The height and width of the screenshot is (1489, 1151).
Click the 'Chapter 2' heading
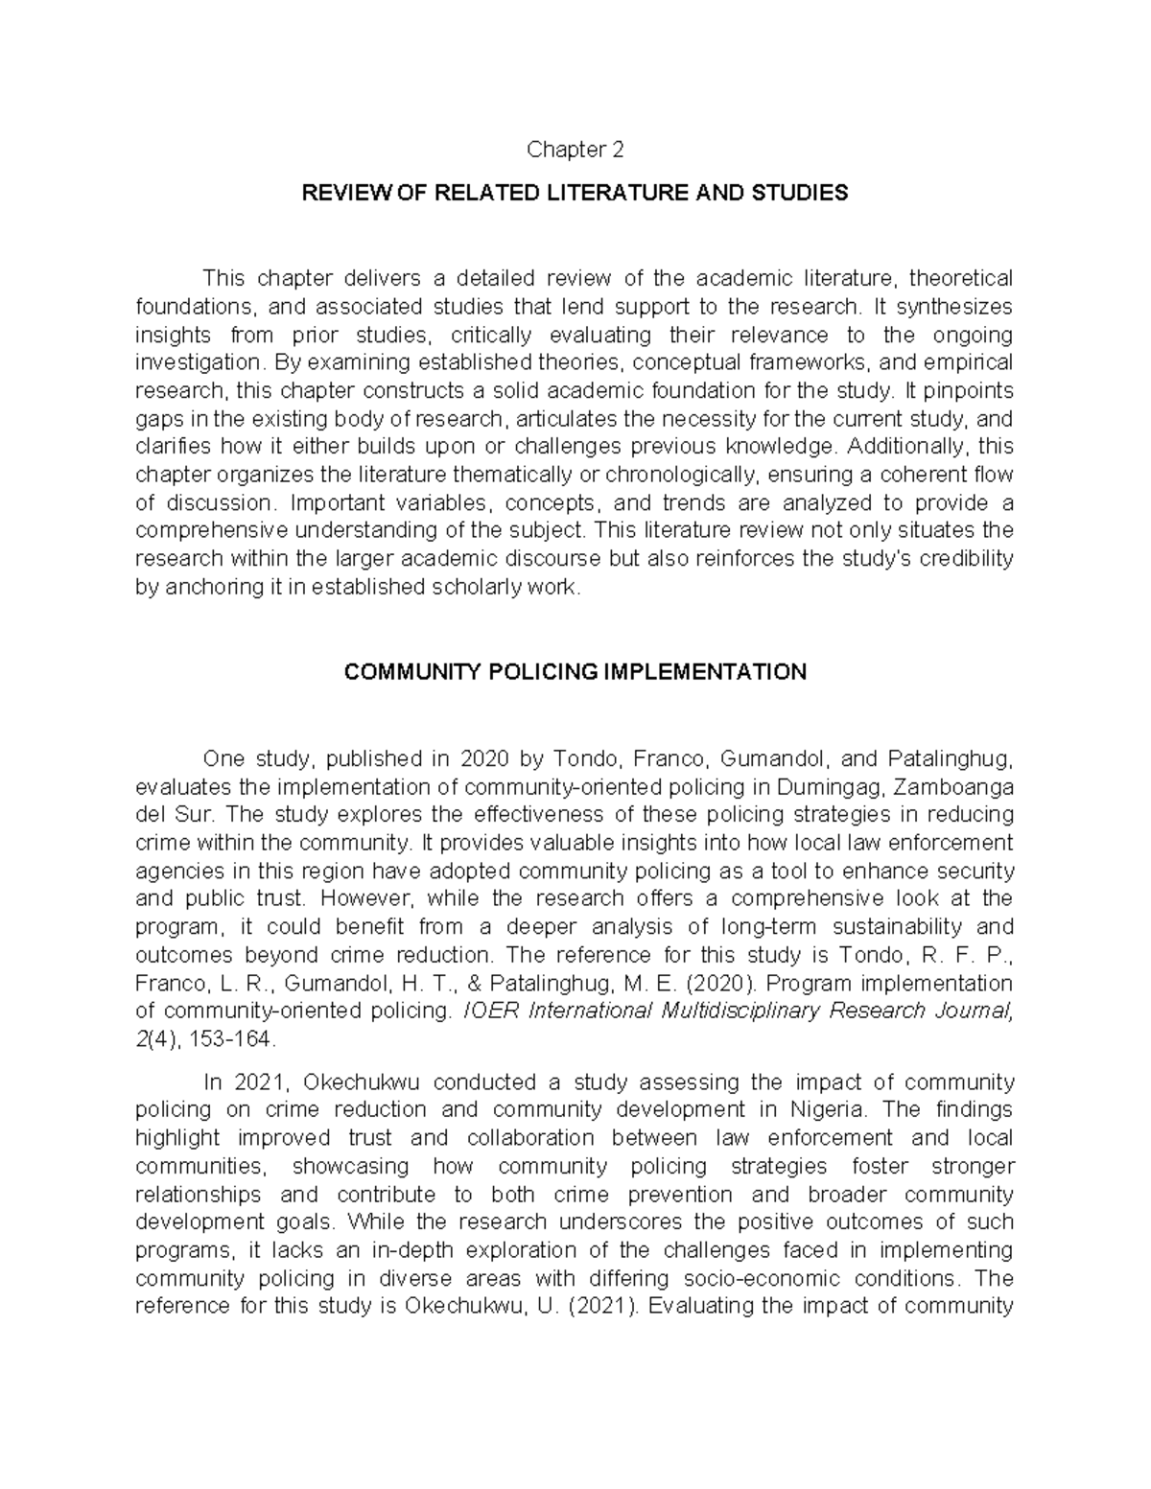coord(575,150)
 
